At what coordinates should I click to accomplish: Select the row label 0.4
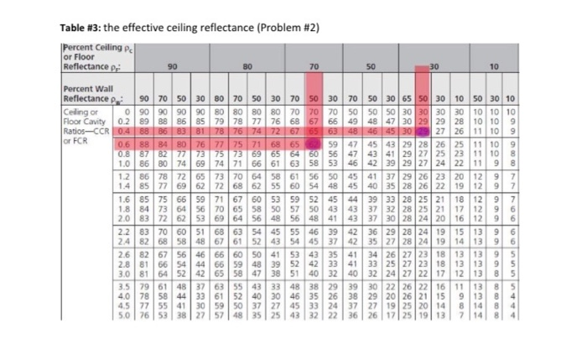125,130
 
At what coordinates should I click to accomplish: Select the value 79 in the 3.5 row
140,287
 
